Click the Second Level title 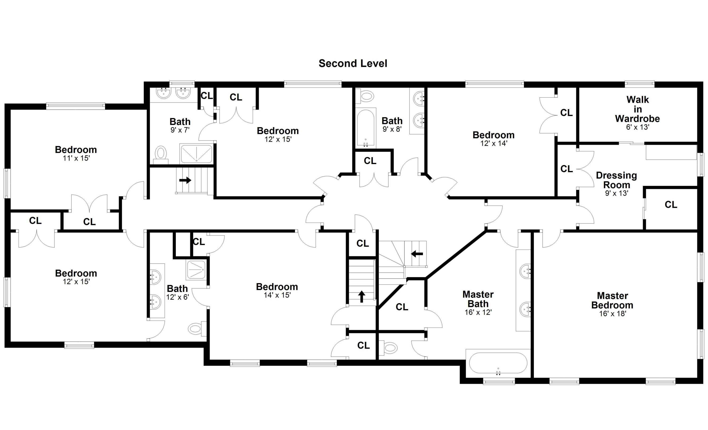[353, 63]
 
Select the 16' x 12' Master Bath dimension [478, 312]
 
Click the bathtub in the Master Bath [498, 363]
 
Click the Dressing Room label [616, 180]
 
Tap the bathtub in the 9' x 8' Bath [366, 127]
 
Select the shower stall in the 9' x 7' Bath [196, 154]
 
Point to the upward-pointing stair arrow [362, 297]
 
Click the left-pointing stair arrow [417, 254]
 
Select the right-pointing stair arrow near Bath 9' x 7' [185, 180]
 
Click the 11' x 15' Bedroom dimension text [76, 158]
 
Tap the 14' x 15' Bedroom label [277, 287]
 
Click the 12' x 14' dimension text [494, 143]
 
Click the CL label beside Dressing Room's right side [671, 205]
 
